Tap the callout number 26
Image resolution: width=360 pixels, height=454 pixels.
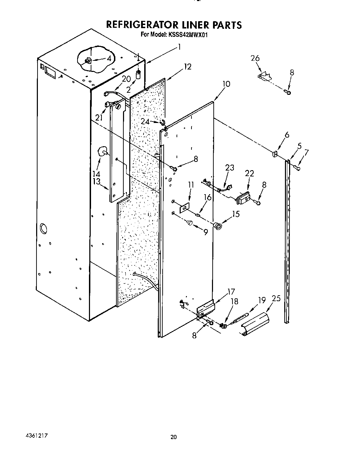click(255, 58)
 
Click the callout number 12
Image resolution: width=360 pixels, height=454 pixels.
click(187, 66)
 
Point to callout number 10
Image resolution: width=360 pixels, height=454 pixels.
click(226, 84)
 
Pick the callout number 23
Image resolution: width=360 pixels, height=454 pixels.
click(229, 168)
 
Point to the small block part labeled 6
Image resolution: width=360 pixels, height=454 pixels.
click(275, 153)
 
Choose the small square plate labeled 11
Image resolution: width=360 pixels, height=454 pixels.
click(184, 208)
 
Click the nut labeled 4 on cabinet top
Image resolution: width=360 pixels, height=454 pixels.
click(88, 61)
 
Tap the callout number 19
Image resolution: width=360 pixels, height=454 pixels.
click(262, 299)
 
